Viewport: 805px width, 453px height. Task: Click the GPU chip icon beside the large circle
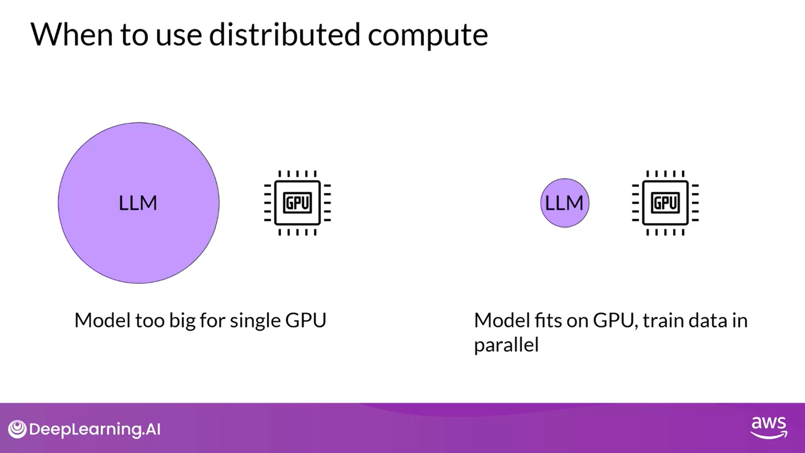(x=297, y=203)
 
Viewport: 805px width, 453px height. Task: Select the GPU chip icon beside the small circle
(x=665, y=203)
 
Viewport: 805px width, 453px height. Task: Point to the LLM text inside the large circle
(x=138, y=203)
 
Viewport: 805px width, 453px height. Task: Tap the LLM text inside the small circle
(x=564, y=203)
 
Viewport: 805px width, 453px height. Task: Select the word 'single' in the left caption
(x=255, y=321)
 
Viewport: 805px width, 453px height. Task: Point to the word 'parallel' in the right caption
(x=506, y=345)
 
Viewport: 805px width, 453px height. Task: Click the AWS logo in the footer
(x=769, y=427)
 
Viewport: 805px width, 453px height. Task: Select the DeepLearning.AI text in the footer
(x=95, y=429)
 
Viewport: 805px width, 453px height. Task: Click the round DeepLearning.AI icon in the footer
(x=17, y=429)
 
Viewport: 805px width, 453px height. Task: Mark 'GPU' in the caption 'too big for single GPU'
(x=305, y=320)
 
